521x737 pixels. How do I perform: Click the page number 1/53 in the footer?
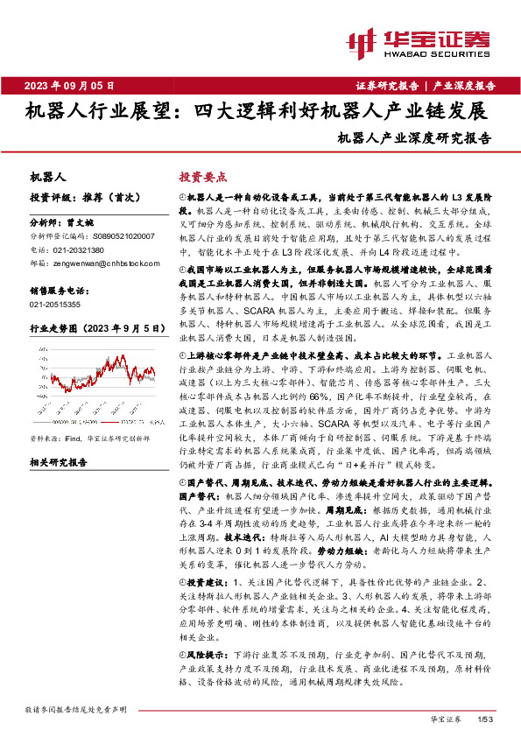point(487,718)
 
